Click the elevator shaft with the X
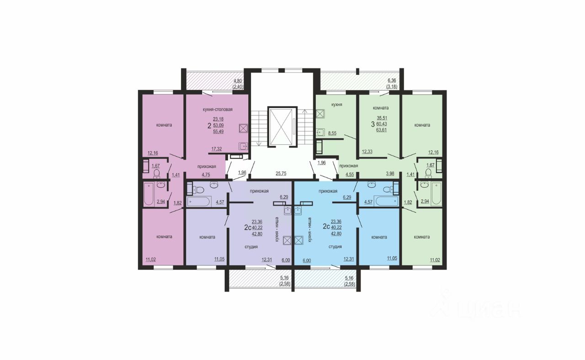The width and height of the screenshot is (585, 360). (282, 127)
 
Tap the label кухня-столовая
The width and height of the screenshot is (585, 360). (218, 109)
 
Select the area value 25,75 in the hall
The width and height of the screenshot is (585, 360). (281, 173)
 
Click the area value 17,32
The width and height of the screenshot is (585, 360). (217, 149)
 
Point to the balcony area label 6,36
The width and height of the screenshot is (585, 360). (392, 81)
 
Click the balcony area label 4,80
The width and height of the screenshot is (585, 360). (238, 81)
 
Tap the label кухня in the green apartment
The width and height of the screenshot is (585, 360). (337, 105)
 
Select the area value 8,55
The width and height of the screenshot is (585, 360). (332, 133)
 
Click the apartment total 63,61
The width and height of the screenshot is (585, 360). (382, 130)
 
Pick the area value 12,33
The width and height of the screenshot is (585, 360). (367, 151)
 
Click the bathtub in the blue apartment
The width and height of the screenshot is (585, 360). (386, 201)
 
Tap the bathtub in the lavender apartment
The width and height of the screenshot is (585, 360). (198, 201)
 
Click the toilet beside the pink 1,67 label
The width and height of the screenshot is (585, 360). (157, 173)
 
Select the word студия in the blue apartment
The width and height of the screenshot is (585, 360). (335, 246)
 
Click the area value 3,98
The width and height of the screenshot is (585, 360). (390, 174)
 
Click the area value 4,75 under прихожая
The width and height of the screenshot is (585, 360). (206, 175)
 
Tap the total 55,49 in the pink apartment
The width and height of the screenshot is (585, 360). (218, 132)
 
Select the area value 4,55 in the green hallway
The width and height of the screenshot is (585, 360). (350, 175)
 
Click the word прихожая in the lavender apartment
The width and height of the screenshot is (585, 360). (259, 191)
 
